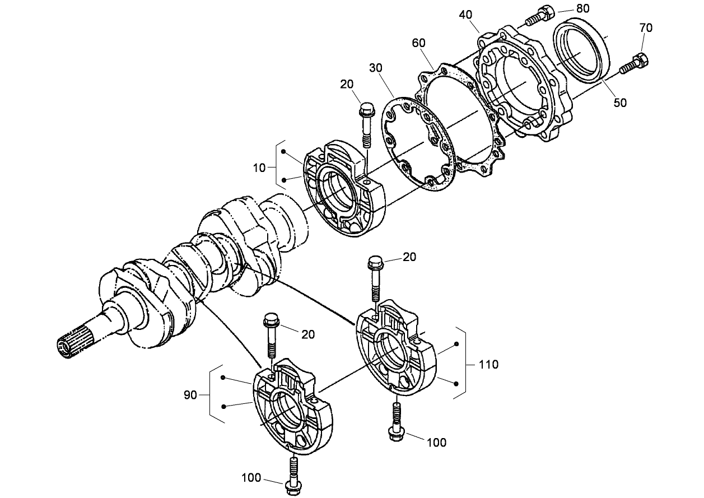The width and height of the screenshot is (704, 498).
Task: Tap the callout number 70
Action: click(x=645, y=27)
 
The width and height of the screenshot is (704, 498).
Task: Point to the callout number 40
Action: click(x=466, y=14)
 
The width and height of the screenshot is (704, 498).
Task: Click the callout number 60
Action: click(x=418, y=43)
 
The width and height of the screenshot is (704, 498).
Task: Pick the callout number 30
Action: click(x=376, y=67)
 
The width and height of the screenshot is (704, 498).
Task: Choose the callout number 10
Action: click(x=259, y=167)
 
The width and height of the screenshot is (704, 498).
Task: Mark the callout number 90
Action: click(x=190, y=395)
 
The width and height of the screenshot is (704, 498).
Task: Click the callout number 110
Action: click(x=488, y=365)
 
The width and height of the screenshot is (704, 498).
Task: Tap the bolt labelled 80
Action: click(x=539, y=15)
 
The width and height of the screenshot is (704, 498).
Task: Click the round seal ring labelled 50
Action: click(x=581, y=50)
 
